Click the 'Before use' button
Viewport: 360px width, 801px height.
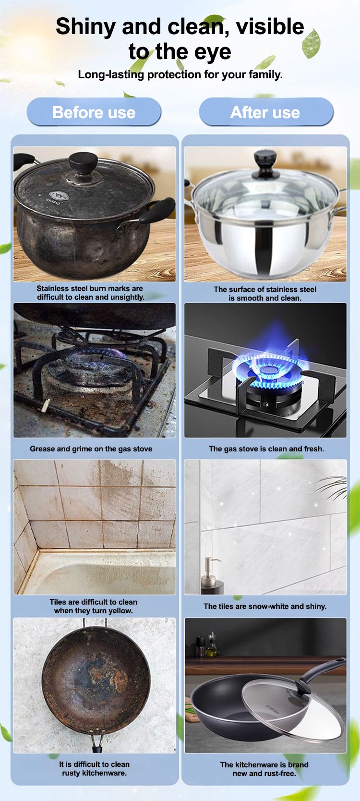point(94,112)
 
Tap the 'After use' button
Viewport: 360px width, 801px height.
point(266,112)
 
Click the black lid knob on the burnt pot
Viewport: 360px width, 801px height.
point(84,163)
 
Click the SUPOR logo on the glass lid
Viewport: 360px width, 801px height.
point(273,709)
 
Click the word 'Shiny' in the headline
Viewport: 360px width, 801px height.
point(86,26)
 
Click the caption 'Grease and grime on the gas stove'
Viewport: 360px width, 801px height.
point(91,449)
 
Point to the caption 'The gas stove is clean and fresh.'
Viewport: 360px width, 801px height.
point(267,449)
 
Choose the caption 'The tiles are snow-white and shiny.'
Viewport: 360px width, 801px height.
point(265,606)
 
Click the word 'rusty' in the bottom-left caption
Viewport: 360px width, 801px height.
point(71,773)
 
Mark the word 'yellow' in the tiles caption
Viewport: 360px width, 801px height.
point(120,611)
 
